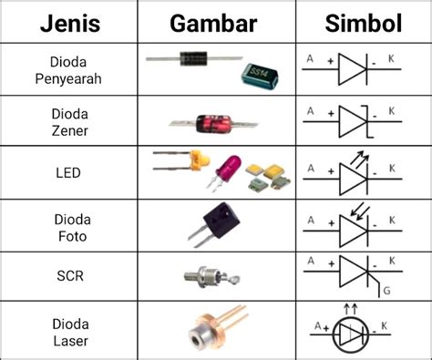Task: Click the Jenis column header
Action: [68, 22]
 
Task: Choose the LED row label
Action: [68, 170]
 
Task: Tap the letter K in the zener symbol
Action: [393, 111]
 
